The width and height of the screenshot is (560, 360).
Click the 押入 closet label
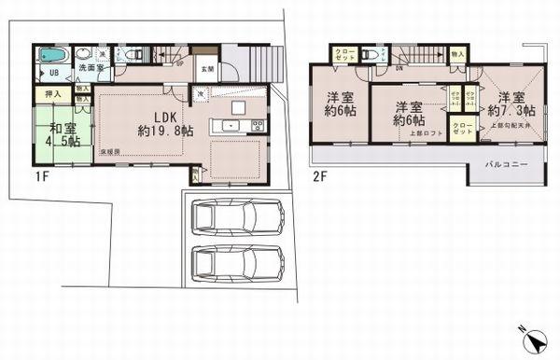(52, 94)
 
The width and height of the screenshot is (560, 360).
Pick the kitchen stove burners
(258, 126)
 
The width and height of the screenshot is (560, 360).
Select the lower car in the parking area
(237, 264)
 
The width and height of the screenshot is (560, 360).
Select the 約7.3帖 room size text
(511, 110)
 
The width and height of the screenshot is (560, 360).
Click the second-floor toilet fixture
(375, 55)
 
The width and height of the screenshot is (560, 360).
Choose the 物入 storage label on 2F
(456, 55)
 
